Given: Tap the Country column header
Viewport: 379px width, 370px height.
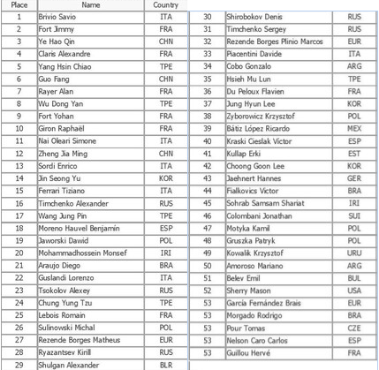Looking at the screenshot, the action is coord(165,5).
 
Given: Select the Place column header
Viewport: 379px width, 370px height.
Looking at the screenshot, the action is coord(19,5).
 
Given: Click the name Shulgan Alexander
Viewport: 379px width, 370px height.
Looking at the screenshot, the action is coord(72,364).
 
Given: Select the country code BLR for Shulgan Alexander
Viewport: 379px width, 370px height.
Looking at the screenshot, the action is coord(165,364).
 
